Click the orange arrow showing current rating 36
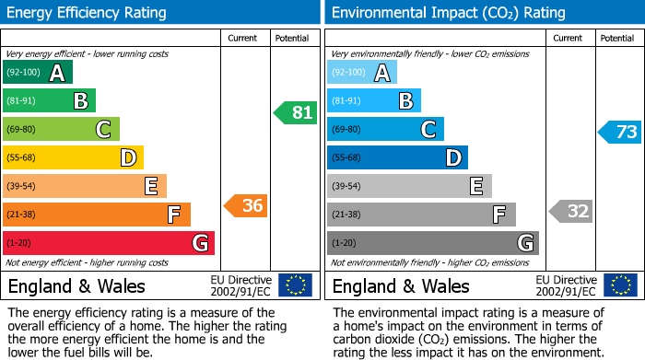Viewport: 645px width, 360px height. click(246, 206)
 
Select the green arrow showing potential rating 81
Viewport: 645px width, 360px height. click(296, 113)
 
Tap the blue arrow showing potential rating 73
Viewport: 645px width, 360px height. click(620, 132)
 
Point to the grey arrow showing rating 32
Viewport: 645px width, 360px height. click(571, 211)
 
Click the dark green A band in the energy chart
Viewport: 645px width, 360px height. click(37, 73)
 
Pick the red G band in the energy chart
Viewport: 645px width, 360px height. click(109, 243)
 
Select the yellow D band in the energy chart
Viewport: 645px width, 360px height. click(73, 158)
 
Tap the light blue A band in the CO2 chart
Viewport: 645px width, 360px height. click(362, 73)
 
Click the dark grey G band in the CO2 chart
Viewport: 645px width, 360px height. click(432, 243)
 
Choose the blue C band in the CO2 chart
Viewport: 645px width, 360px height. click(385, 130)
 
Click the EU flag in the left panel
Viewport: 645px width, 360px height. click(295, 285)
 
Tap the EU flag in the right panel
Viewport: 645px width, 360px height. click(620, 285)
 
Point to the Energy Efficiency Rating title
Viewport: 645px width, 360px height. click(87, 13)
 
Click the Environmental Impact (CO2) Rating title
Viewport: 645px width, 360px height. click(448, 13)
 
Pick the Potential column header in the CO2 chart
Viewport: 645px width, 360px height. click(617, 38)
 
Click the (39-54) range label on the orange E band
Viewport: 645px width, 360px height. click(22, 187)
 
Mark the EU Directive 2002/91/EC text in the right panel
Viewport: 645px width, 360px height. click(567, 285)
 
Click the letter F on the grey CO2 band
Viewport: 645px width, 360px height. click(498, 215)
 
